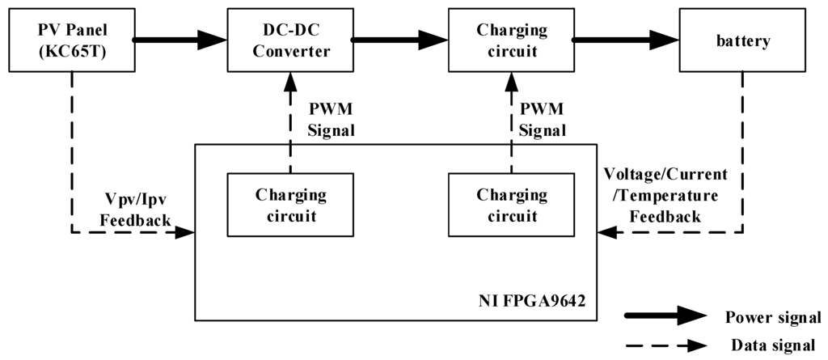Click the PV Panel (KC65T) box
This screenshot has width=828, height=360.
coord(71,41)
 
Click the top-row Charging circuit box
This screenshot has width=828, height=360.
coord(512,41)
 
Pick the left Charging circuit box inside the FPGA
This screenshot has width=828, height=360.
coord(290,205)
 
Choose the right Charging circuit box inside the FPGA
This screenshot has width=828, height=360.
coord(512,205)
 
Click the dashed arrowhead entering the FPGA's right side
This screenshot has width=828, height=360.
coord(605,233)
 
